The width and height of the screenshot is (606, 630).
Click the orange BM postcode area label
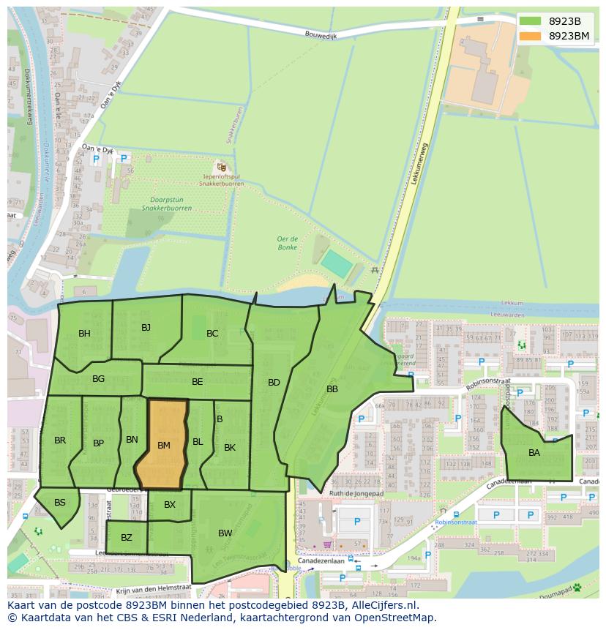pyautogui.click(x=163, y=445)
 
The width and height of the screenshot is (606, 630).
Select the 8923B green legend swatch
pyautogui.click(x=531, y=21)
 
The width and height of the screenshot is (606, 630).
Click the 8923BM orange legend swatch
pyautogui.click(x=531, y=36)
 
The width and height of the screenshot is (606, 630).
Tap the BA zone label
pyautogui.click(x=534, y=453)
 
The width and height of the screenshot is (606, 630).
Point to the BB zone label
pyautogui.click(x=332, y=389)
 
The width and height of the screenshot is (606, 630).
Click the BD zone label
pyautogui.click(x=274, y=382)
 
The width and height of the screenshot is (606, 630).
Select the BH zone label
pyautogui.click(x=84, y=334)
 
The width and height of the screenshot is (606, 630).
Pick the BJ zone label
pyautogui.click(x=146, y=327)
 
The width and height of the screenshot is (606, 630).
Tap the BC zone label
pyautogui.click(x=212, y=334)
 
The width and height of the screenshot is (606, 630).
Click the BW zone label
pyautogui.click(x=225, y=533)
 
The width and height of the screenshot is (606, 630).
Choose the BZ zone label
pyautogui.click(x=127, y=538)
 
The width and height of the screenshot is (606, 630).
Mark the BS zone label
pyautogui.click(x=60, y=502)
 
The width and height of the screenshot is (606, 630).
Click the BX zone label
pyautogui.click(x=170, y=505)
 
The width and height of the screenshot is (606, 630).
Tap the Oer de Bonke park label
pyautogui.click(x=287, y=243)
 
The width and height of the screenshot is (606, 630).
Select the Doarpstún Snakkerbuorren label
pyautogui.click(x=167, y=203)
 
